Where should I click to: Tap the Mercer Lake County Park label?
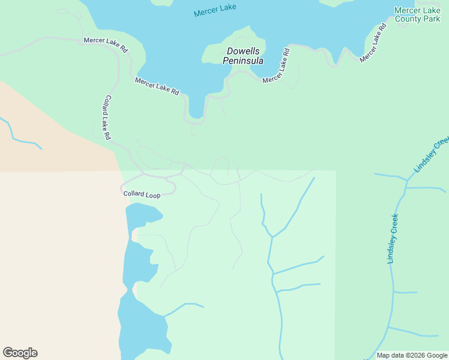point(417,14)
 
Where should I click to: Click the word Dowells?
point(243,52)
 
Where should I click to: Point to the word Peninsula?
point(243,61)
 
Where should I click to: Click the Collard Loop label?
point(142,195)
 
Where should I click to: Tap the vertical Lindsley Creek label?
point(393,238)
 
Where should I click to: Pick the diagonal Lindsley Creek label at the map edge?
point(432,154)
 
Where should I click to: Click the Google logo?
point(20,353)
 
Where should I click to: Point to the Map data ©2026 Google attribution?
point(412,355)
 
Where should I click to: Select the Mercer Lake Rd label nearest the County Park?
point(374,43)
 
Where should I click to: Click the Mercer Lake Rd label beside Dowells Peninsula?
point(277,66)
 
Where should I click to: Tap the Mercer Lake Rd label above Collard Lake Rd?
point(106,45)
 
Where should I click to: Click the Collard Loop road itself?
point(174,187)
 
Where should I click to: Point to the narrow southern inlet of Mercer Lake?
point(196,108)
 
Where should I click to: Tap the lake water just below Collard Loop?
point(142,212)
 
